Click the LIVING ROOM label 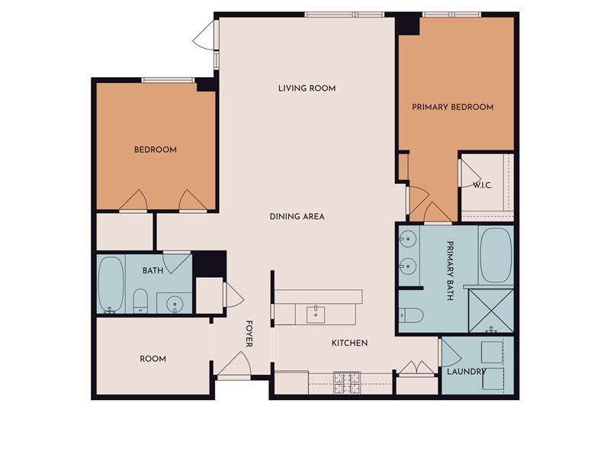307,89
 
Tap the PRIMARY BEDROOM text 452,107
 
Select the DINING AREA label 297,217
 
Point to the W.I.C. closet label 482,185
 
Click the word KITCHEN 349,343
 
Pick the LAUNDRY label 467,372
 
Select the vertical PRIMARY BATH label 450,271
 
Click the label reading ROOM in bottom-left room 152,359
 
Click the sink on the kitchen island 316,314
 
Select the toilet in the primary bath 409,314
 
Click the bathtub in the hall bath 112,286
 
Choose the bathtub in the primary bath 496,255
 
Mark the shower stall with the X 490,310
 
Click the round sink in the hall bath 175,304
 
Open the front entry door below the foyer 234,366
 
